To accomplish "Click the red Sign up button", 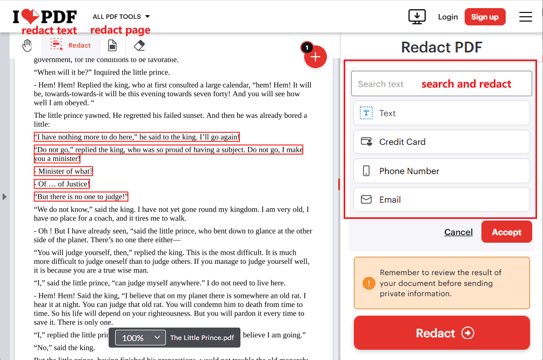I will pos(485,17).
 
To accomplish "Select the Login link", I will pos(448,17).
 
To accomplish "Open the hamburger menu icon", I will pos(526,17).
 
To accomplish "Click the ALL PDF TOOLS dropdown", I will pos(121,17).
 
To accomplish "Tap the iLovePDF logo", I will pos(45,17).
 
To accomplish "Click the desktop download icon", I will pos(417,17).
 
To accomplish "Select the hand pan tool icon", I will pos(27,45).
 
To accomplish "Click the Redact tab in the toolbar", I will pos(71,45).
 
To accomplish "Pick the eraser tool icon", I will pos(139,45).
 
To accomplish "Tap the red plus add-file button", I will pos(316,57).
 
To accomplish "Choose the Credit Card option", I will pos(441,142).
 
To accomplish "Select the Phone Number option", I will pos(441,171).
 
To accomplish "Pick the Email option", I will pos(441,199).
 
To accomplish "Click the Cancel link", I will pos(458,232).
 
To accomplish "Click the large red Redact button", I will pos(441,333).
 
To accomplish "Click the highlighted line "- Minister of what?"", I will pos(63,171).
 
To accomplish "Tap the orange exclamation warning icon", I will pos(369,283).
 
